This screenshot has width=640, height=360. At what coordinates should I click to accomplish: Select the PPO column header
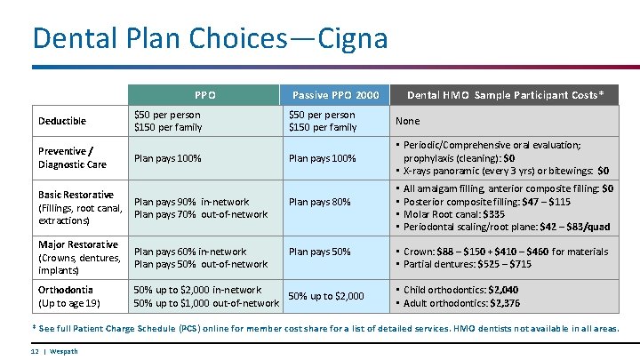(205, 95)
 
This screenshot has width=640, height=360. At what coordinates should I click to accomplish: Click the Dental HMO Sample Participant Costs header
(511, 95)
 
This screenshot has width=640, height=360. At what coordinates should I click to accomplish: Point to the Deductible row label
(62, 121)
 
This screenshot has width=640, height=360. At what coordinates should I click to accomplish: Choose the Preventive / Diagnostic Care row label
(72, 157)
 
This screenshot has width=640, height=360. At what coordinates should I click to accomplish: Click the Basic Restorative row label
(76, 195)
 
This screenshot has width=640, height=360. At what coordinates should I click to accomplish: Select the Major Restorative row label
(78, 244)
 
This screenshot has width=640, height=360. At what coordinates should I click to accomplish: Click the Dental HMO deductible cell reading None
(408, 121)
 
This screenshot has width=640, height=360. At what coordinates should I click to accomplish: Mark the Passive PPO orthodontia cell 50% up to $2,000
(325, 296)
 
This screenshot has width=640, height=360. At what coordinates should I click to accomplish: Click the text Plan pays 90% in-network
(191, 202)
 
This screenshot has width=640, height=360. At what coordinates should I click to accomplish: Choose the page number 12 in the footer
(33, 351)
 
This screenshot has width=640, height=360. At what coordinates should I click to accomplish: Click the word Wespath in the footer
(64, 351)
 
